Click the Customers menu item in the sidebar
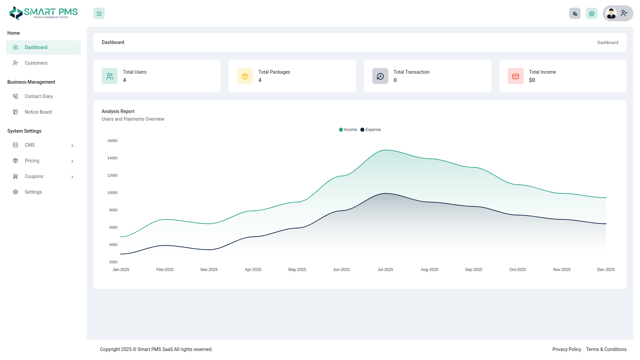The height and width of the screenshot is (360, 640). [x=36, y=63]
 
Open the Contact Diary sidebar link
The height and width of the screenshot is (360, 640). [x=39, y=96]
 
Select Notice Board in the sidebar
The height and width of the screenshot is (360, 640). [x=38, y=112]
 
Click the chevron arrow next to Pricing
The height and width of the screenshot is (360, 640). [x=72, y=161]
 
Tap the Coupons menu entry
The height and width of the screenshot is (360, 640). [x=34, y=176]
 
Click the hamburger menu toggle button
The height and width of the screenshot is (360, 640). [x=99, y=14]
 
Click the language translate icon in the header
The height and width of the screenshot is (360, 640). [x=575, y=14]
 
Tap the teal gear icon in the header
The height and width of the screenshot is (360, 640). [x=592, y=14]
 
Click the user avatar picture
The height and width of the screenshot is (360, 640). [x=611, y=13]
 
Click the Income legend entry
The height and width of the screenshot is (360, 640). [x=348, y=130]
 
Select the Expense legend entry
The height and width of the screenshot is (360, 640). [x=371, y=130]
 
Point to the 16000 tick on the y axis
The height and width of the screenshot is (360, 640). [x=112, y=141]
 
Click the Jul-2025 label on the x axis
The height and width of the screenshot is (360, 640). [x=385, y=270]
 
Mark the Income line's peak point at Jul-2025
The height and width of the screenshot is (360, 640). [x=385, y=150]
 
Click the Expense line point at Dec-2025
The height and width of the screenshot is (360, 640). [x=606, y=224]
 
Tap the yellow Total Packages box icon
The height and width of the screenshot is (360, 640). [x=245, y=76]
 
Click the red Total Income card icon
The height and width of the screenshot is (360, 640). [x=516, y=76]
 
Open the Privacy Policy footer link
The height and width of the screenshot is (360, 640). [x=567, y=349]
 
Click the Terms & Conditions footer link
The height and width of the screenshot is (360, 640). [x=606, y=349]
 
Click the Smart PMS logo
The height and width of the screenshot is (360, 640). [x=43, y=13]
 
